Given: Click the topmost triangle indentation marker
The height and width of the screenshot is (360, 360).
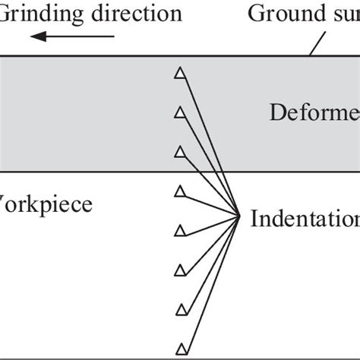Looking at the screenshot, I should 180,73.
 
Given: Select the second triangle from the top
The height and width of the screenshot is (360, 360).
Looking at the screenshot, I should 180,112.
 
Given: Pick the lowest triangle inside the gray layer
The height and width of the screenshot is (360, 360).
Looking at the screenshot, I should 180,152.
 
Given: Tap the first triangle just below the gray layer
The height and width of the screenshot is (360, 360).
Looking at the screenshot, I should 180,190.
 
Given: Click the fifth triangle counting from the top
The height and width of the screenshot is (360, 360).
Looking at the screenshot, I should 180,229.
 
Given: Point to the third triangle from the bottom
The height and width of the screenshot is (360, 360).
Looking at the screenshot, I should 181,269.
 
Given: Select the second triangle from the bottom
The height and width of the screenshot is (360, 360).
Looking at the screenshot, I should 182,308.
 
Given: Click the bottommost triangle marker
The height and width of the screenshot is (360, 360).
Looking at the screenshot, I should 182,349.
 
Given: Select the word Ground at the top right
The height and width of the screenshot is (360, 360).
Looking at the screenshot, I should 282,13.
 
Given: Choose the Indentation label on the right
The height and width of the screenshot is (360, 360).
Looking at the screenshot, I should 304,219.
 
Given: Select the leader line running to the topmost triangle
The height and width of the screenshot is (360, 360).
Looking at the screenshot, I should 211,144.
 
